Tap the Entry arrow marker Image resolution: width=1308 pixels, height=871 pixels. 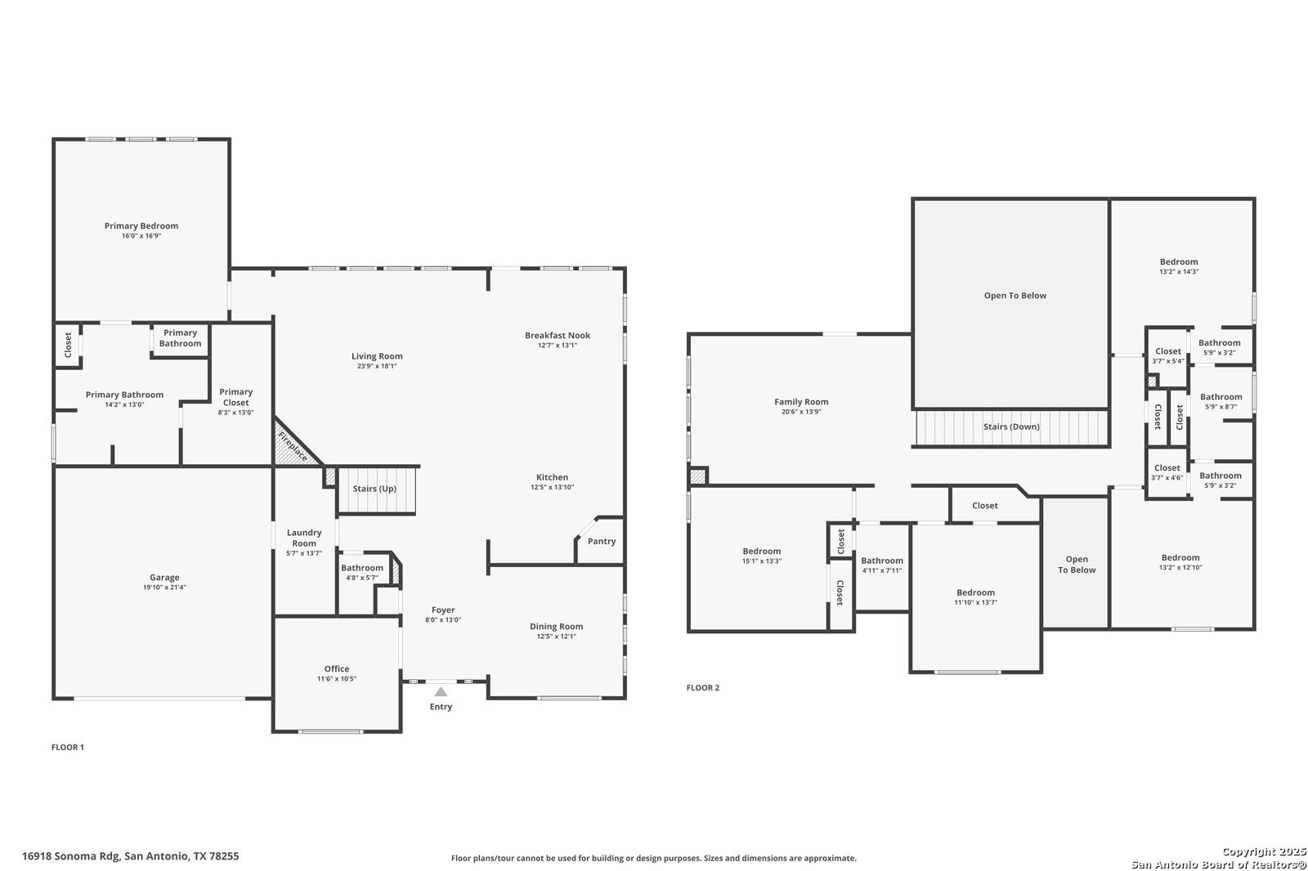tap(441, 692)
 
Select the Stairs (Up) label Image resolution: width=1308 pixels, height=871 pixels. tap(374, 489)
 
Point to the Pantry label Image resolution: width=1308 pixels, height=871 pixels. tap(602, 541)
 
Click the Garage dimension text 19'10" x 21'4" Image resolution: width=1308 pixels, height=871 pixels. tap(164, 587)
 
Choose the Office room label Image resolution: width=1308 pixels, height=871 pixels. tap(337, 668)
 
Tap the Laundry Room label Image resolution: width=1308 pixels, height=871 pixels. tap(303, 538)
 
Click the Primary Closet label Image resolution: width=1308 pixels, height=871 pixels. tap(236, 397)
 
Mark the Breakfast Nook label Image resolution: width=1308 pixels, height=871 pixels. tap(557, 335)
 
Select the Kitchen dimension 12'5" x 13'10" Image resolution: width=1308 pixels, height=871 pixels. tap(552, 487)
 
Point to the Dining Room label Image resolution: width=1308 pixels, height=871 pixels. tap(556, 627)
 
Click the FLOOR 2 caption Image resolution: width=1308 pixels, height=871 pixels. tap(703, 688)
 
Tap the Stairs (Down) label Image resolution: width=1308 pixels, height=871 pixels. tap(1011, 427)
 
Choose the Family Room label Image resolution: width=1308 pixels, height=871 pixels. tap(801, 402)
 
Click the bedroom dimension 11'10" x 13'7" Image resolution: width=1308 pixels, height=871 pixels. tap(976, 602)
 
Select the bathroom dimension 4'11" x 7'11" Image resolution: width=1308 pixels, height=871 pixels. tap(882, 570)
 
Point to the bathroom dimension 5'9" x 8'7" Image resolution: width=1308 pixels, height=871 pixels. tap(1221, 407)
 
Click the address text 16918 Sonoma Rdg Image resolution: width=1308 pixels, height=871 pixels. tap(71, 856)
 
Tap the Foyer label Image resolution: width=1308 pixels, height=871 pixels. tap(443, 610)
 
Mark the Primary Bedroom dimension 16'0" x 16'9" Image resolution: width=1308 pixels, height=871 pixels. tap(141, 236)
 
